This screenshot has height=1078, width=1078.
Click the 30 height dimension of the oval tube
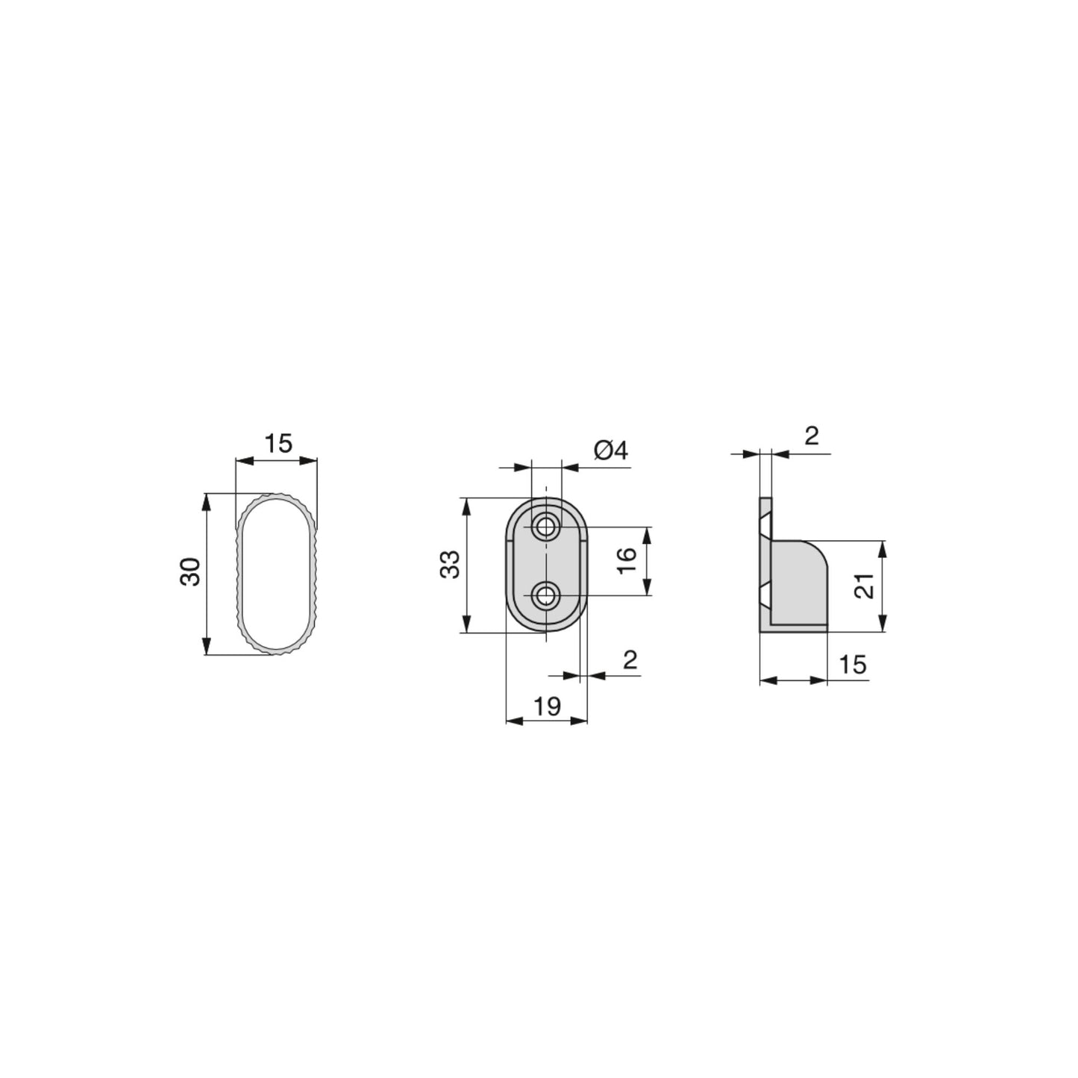pos(192,572)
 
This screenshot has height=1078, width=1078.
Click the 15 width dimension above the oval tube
pos(278,444)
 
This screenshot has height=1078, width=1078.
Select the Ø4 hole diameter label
pos(611,451)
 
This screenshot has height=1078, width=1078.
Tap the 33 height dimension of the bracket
pos(450,565)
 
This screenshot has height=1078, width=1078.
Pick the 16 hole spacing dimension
pos(627,560)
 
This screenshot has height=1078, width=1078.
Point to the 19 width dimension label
pos(547,706)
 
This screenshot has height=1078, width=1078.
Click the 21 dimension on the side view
pos(864,586)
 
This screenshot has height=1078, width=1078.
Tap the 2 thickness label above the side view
pos(812,436)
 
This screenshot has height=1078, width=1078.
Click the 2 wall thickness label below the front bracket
pos(630,660)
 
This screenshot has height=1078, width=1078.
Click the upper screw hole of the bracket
pos(548,527)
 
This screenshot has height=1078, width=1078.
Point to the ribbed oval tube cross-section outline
pos(241,574)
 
